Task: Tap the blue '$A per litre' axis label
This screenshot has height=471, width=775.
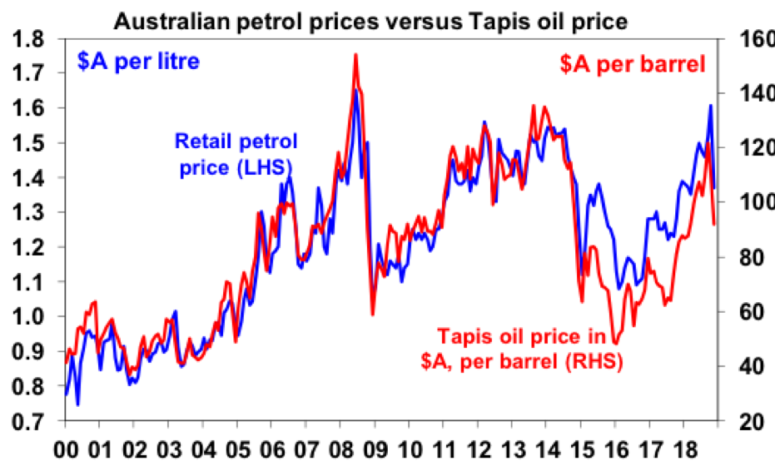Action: pyautogui.click(x=139, y=62)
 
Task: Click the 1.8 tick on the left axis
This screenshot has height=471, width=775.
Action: pyautogui.click(x=32, y=38)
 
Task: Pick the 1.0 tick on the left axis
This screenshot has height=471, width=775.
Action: pyautogui.click(x=32, y=317)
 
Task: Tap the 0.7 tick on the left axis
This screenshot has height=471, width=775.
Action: pyautogui.click(x=32, y=422)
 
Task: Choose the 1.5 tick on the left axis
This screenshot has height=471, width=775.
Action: pyautogui.click(x=32, y=143)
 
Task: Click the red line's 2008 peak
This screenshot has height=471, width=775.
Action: pyautogui.click(x=355, y=55)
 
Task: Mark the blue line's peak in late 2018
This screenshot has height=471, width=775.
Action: pyautogui.click(x=710, y=106)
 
